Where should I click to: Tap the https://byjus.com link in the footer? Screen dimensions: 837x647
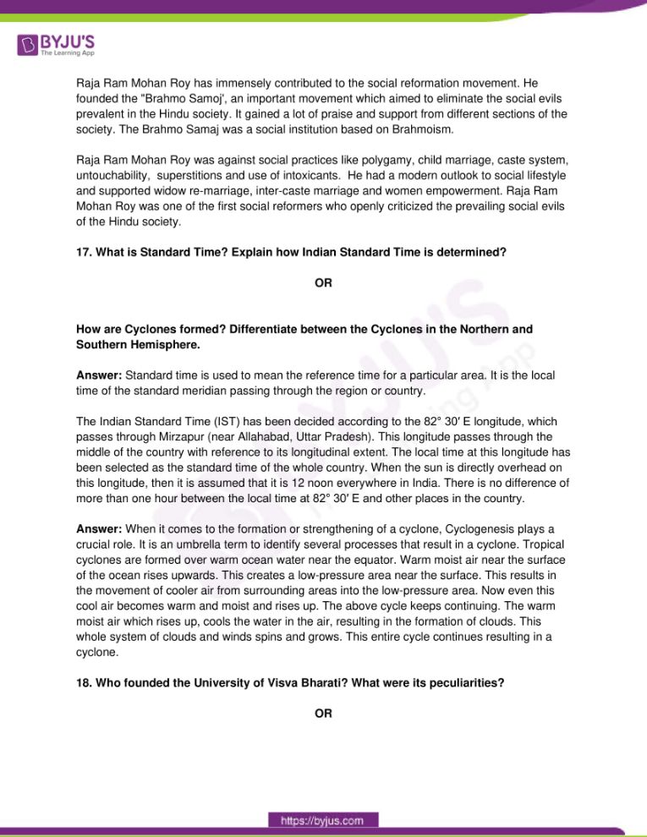click(x=323, y=820)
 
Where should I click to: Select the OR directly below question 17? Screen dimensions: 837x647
click(x=323, y=283)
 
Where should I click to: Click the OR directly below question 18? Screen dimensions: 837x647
click(x=323, y=714)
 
